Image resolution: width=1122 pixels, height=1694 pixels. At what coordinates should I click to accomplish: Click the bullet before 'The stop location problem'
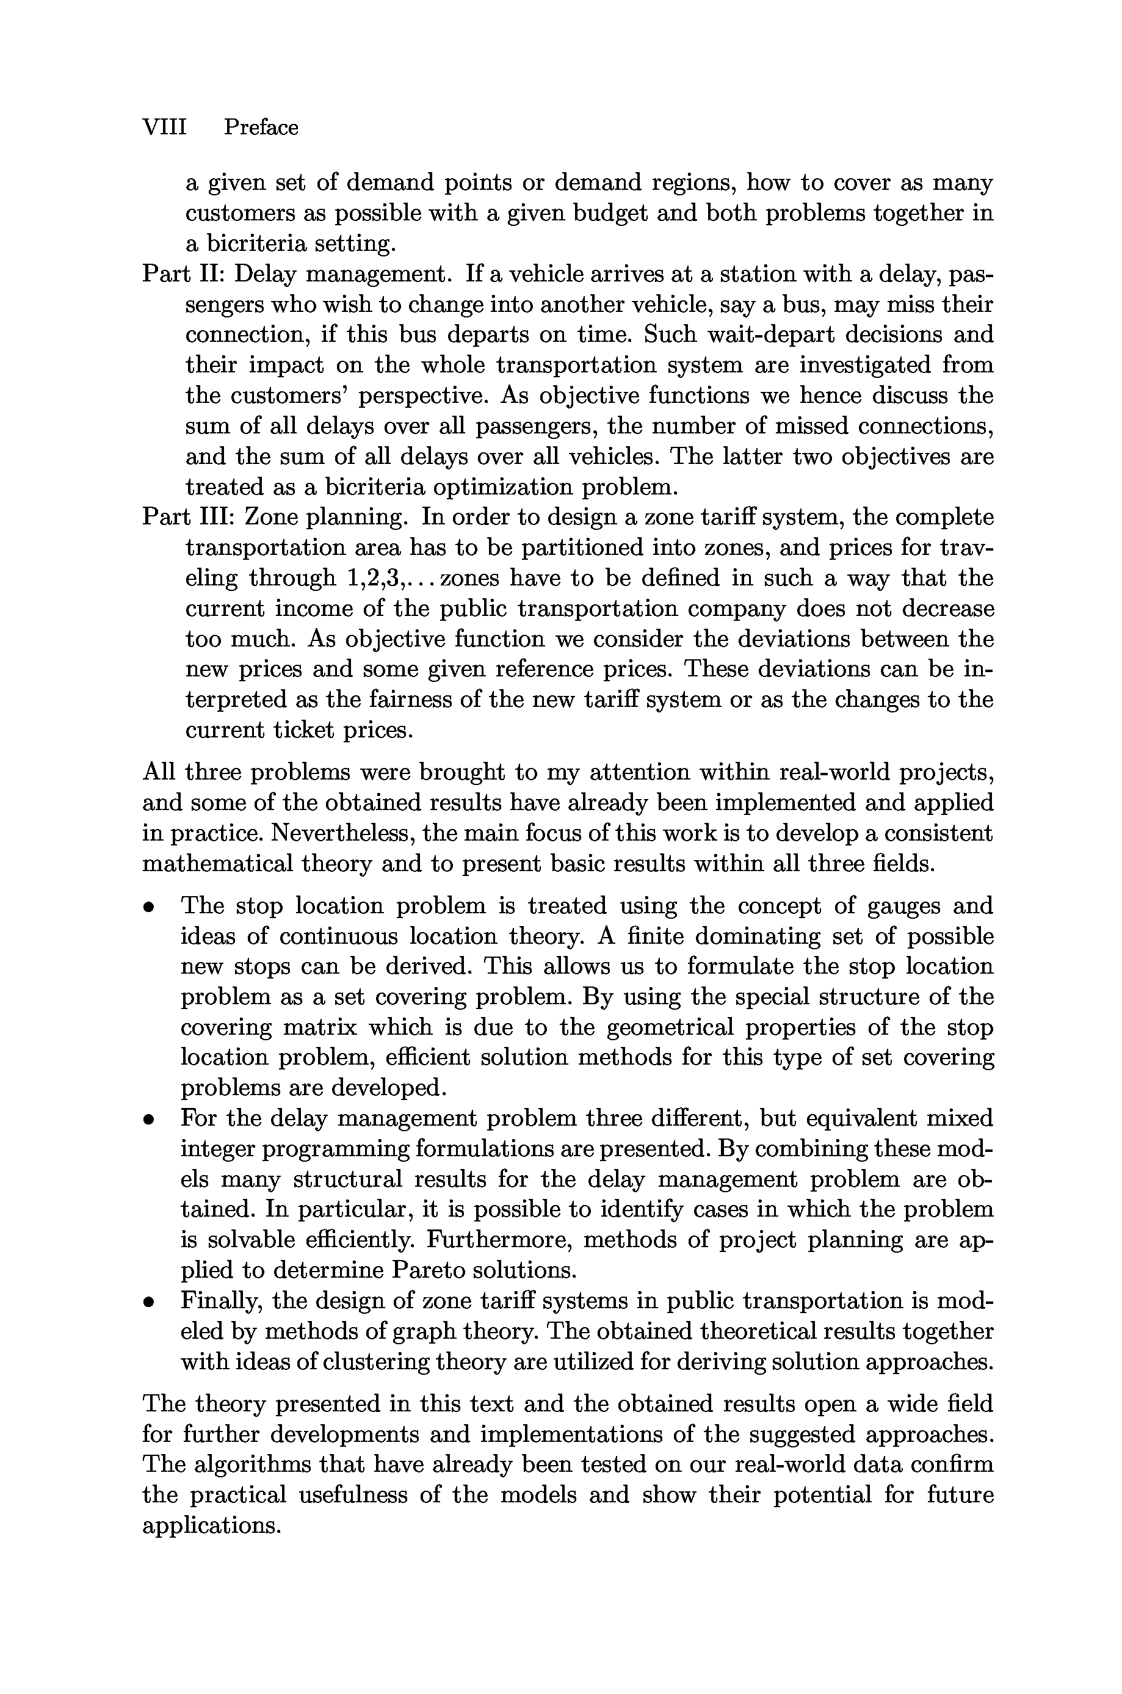tap(148, 907)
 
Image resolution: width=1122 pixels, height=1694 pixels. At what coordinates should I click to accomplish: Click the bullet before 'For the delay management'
tap(148, 1119)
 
